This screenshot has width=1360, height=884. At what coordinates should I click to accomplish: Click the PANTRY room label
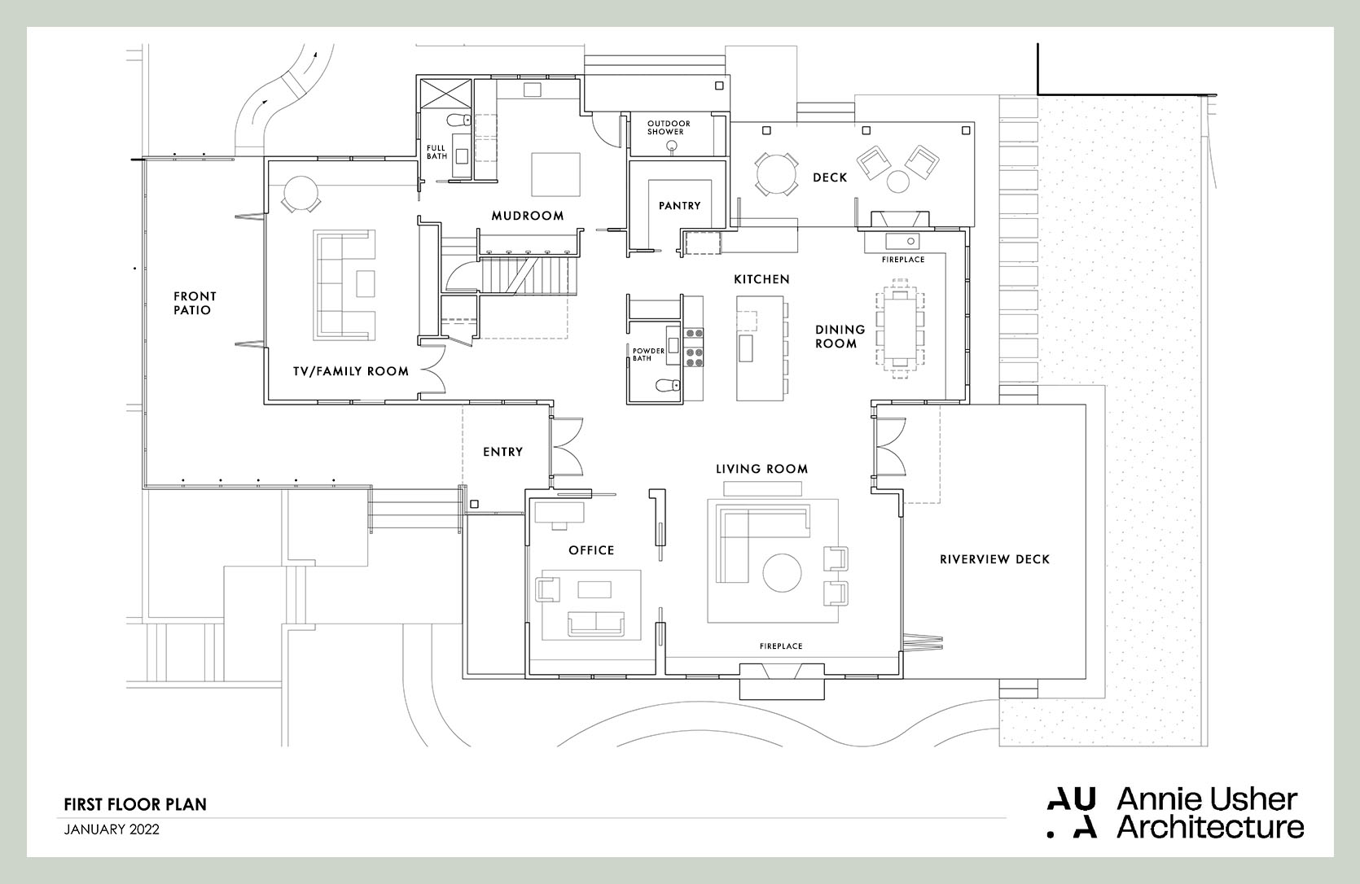(x=679, y=206)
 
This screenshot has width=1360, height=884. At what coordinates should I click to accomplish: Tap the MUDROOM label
(x=528, y=216)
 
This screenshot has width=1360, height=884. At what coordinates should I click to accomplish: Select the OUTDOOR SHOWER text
(x=669, y=128)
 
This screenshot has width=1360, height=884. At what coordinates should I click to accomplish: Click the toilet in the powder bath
(x=667, y=387)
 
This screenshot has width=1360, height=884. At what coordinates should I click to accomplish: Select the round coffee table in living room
(x=782, y=573)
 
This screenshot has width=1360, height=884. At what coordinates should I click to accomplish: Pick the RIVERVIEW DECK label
(x=994, y=559)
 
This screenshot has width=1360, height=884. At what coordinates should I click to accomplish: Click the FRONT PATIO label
(x=195, y=303)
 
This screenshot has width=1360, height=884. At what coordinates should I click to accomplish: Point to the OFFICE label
(x=591, y=550)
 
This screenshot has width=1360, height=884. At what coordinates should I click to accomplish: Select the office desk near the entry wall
(x=558, y=512)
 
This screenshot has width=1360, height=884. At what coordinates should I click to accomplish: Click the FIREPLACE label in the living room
(x=781, y=646)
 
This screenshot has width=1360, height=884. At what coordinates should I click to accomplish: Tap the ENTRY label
(x=502, y=452)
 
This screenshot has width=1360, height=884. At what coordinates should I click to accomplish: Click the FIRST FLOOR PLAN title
(x=135, y=804)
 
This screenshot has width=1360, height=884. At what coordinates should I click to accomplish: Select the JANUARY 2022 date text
(x=112, y=830)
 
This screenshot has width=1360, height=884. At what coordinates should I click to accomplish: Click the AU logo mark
(x=1072, y=812)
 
